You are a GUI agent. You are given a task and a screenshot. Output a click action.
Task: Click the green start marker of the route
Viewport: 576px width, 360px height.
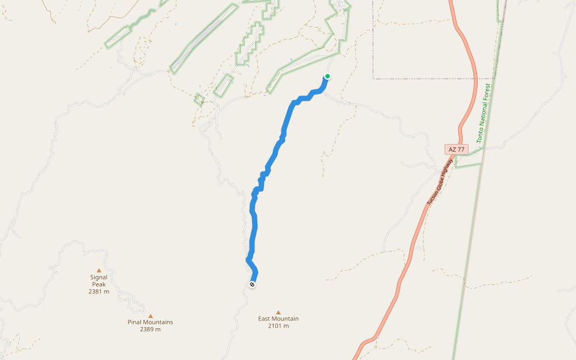coord(328,76)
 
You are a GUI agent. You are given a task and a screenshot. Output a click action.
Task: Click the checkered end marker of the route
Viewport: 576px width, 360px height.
coord(252,284)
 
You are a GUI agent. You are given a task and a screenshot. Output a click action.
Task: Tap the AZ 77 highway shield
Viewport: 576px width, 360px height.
coord(456,149)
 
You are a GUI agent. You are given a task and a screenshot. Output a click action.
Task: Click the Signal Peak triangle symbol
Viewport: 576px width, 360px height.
coord(99,270)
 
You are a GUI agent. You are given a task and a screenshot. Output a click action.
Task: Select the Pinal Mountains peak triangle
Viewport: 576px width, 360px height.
coord(151,316)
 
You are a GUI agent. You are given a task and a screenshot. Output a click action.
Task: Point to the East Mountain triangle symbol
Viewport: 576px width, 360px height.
coord(278,312)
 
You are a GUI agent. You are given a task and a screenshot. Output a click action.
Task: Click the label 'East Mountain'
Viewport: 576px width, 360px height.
coord(278,319)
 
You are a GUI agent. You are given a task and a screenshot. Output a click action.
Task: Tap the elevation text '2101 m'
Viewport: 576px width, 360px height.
coord(278,326)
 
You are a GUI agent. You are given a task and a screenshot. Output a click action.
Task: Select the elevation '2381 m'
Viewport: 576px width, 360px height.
coord(99,292)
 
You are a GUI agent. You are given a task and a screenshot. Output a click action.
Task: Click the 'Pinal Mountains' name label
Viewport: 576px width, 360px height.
coord(150,322)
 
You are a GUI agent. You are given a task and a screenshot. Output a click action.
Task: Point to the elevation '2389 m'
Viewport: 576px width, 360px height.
coord(150,329)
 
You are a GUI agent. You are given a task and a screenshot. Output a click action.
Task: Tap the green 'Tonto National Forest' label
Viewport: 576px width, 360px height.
coord(484,113)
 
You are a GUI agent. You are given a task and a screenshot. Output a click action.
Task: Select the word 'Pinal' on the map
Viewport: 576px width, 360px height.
coord(135,322)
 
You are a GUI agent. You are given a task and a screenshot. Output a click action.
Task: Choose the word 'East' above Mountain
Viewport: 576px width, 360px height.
coord(265,319)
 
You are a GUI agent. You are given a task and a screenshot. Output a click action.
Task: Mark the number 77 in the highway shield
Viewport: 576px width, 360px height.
coord(460,149)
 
